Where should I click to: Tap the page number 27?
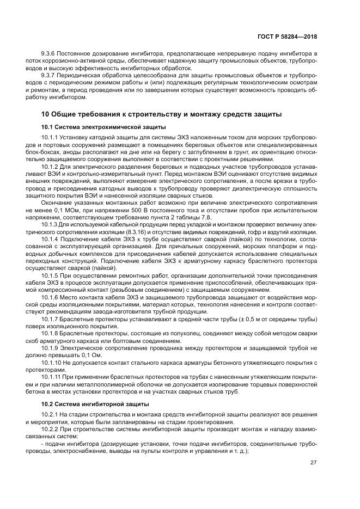tap(314, 463)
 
